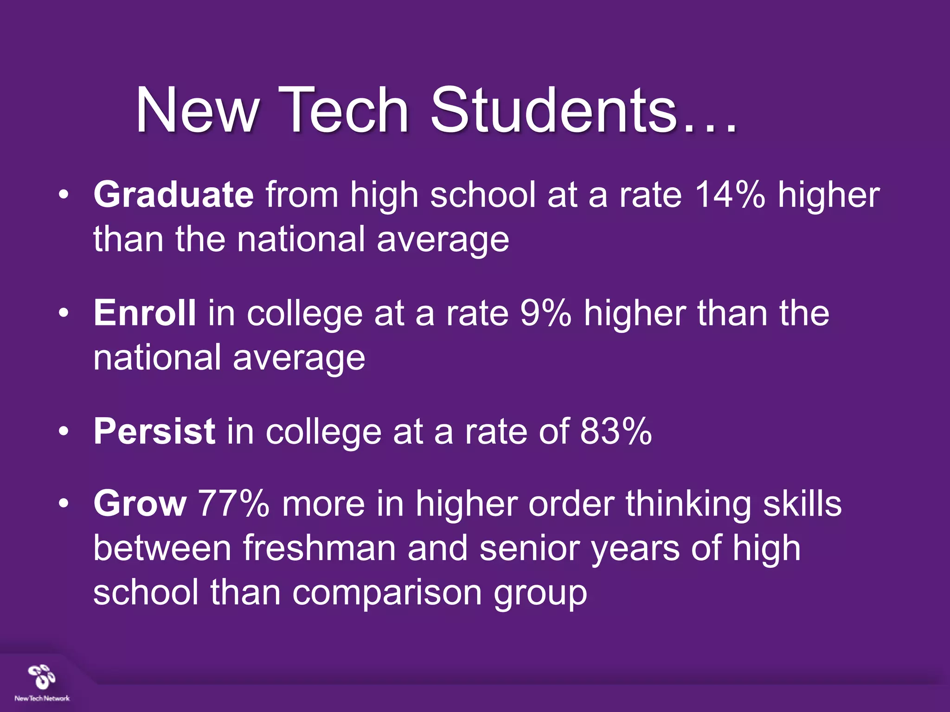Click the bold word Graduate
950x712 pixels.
tap(173, 195)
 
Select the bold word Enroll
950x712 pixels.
tap(145, 313)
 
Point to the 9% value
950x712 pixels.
tap(546, 313)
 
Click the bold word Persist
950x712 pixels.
tap(154, 432)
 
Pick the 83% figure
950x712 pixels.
tap(616, 432)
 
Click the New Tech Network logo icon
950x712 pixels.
tap(42, 677)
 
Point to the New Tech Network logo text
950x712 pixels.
tap(42, 698)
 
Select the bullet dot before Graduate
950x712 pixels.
tap(64, 195)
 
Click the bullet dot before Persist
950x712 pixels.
tap(64, 432)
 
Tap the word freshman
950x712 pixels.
tap(320, 548)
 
